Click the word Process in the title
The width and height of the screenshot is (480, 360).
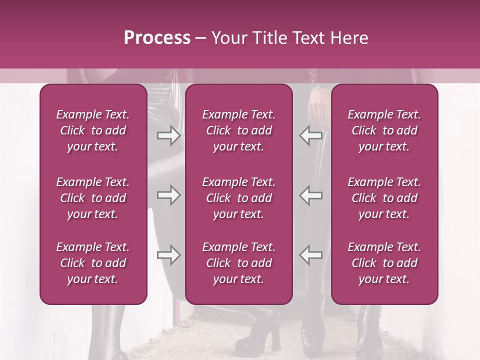point(157,38)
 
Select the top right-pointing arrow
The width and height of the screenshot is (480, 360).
point(168,135)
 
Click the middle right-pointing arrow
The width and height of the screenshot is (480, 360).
point(168,195)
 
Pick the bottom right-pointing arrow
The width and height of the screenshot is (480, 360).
point(168,255)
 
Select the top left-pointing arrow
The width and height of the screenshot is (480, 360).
point(311,135)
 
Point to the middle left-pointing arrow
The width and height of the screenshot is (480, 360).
point(311,195)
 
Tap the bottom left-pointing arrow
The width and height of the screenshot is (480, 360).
point(311,255)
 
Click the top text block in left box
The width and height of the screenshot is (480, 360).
point(93,130)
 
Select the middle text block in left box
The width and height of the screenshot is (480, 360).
point(93,198)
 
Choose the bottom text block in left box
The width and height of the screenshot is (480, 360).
point(93,263)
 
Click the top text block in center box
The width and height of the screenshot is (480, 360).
point(238,130)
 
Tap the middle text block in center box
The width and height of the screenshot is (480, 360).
point(238,198)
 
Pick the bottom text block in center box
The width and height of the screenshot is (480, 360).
point(238,263)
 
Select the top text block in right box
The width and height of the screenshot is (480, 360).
point(384,130)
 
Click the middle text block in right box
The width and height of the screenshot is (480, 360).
point(384,198)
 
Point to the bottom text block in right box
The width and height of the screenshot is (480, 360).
point(384,263)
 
